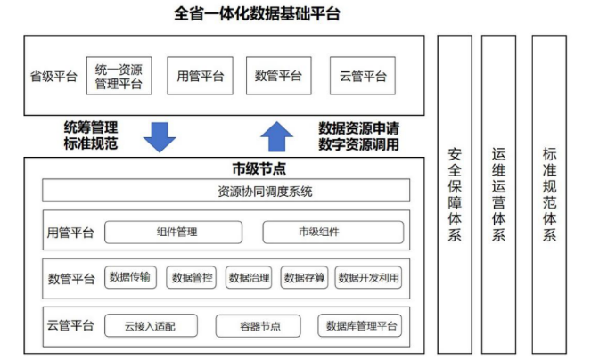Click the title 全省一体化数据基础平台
click(257, 14)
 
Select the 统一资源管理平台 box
click(119, 76)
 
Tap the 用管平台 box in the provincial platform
click(201, 76)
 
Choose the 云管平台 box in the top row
click(363, 76)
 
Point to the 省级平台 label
click(53, 77)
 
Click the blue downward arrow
click(160, 137)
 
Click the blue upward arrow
click(276, 136)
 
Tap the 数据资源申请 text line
click(359, 128)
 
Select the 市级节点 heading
click(259, 168)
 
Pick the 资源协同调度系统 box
click(226, 191)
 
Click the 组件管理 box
click(174, 233)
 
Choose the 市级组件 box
click(333, 233)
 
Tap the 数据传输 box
click(130, 277)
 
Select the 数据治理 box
click(249, 278)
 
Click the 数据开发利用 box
click(368, 278)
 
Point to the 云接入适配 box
click(151, 326)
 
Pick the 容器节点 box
click(259, 326)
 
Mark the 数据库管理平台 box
click(360, 326)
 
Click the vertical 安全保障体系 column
click(455, 194)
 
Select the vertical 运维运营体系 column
click(498, 194)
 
